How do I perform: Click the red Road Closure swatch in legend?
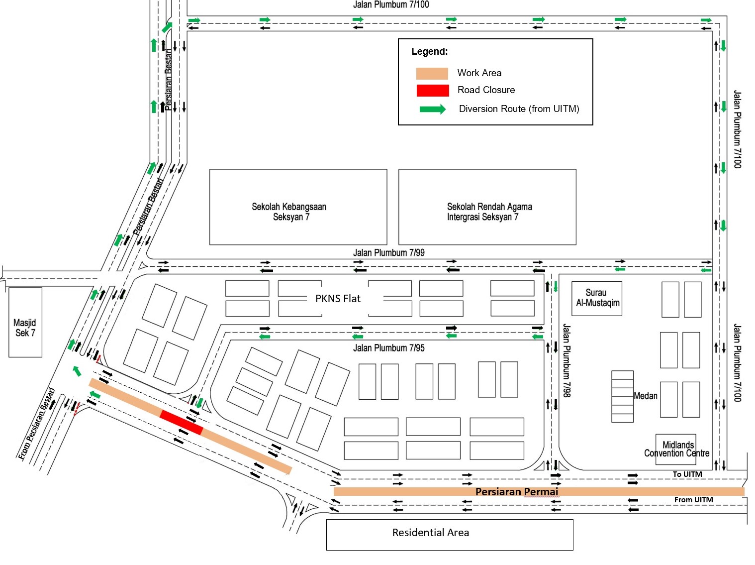coord(432,91)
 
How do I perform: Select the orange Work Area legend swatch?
coord(432,73)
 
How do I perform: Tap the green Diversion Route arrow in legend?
coord(432,109)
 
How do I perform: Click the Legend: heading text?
coord(429,52)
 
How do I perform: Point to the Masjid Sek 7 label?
coord(25,328)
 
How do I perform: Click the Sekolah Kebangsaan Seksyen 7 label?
coord(289,212)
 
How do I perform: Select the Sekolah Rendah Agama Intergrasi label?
coord(489,212)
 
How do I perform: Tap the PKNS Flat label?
coord(338,299)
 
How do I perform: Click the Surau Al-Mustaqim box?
coord(596,298)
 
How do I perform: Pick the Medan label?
coord(646,396)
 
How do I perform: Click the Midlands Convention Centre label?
coord(677,449)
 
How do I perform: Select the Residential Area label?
coord(431,533)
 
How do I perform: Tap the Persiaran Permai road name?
coord(517,492)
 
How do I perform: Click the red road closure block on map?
coord(181,423)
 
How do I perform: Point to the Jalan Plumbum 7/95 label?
coord(389,348)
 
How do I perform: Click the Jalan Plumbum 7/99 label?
coord(389,252)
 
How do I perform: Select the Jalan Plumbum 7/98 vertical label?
coord(566,360)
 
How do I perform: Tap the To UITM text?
coord(687,474)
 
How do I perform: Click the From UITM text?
coord(693,500)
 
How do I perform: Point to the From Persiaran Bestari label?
coord(36,424)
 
